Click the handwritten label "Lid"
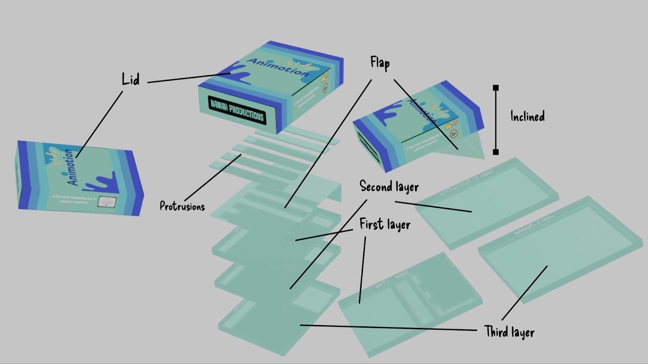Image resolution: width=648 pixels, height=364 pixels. point(130,79)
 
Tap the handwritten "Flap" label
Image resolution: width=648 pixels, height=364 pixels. point(380,63)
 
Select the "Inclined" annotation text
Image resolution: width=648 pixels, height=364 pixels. point(527,116)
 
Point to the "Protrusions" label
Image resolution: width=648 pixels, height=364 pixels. point(182,206)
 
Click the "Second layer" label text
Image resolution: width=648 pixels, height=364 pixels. point(389,186)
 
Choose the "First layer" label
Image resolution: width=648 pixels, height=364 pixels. point(385,224)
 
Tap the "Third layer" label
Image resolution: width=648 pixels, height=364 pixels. point(509,332)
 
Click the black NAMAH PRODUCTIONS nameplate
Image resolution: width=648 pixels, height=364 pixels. point(237,109)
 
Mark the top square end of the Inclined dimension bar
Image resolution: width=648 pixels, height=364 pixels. point(496,88)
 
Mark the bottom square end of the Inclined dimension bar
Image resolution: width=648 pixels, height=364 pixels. point(496,152)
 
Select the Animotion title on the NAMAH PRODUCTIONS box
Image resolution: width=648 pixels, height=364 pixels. point(278,67)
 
